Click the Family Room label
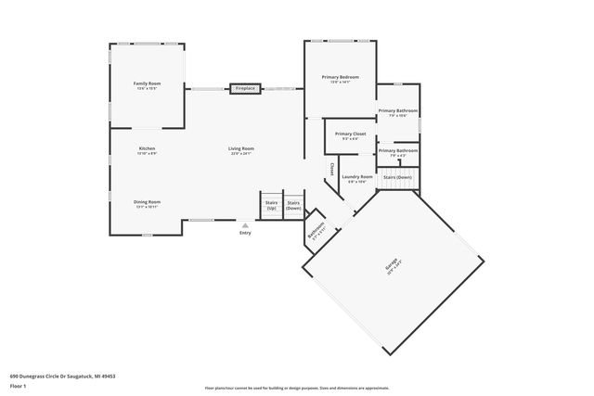pos(147,85)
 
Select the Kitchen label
pos(147,150)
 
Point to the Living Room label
pos(241,150)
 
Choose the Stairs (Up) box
pos(271,204)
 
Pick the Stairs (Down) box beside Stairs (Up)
pos(293,204)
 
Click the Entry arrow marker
pos(245,224)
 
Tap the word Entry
pos(245,233)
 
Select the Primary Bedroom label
pos(341,79)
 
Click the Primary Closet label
pos(350,135)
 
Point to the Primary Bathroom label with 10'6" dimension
pos(397,113)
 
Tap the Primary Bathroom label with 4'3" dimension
pos(397,152)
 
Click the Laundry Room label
pos(357,178)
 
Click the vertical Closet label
pos(332,169)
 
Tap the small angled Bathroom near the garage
pos(317,231)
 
